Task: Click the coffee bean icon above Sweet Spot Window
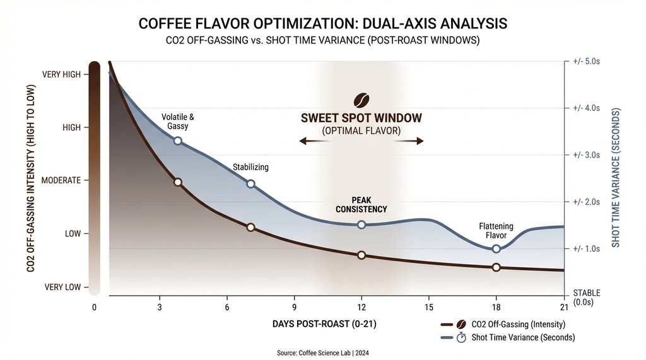pos(361,100)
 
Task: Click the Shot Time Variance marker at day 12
pos(361,225)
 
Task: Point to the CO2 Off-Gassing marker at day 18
pos(496,267)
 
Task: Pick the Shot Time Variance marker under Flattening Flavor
pos(496,248)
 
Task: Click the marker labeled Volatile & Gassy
pos(178,141)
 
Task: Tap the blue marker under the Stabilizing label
pos(250,184)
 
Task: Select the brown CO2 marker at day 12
pos(361,255)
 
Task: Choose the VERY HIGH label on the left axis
pos(61,74)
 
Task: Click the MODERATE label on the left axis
pos(61,180)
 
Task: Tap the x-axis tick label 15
pos(428,307)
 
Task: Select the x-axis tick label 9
pos(294,307)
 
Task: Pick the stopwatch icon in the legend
pos(461,337)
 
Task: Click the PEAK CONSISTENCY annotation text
pos(361,204)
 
